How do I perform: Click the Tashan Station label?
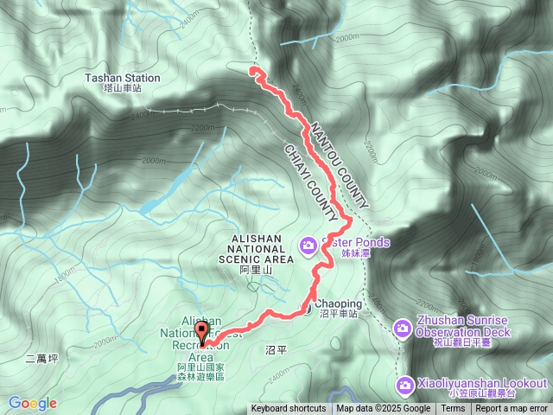[123, 78]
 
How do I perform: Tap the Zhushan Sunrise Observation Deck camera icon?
[402, 328]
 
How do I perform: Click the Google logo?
[32, 403]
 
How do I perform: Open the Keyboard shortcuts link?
[289, 409]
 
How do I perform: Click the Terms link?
[453, 409]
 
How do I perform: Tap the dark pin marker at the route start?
[203, 332]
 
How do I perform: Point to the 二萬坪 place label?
[41, 356]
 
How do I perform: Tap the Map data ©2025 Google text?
[384, 409]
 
